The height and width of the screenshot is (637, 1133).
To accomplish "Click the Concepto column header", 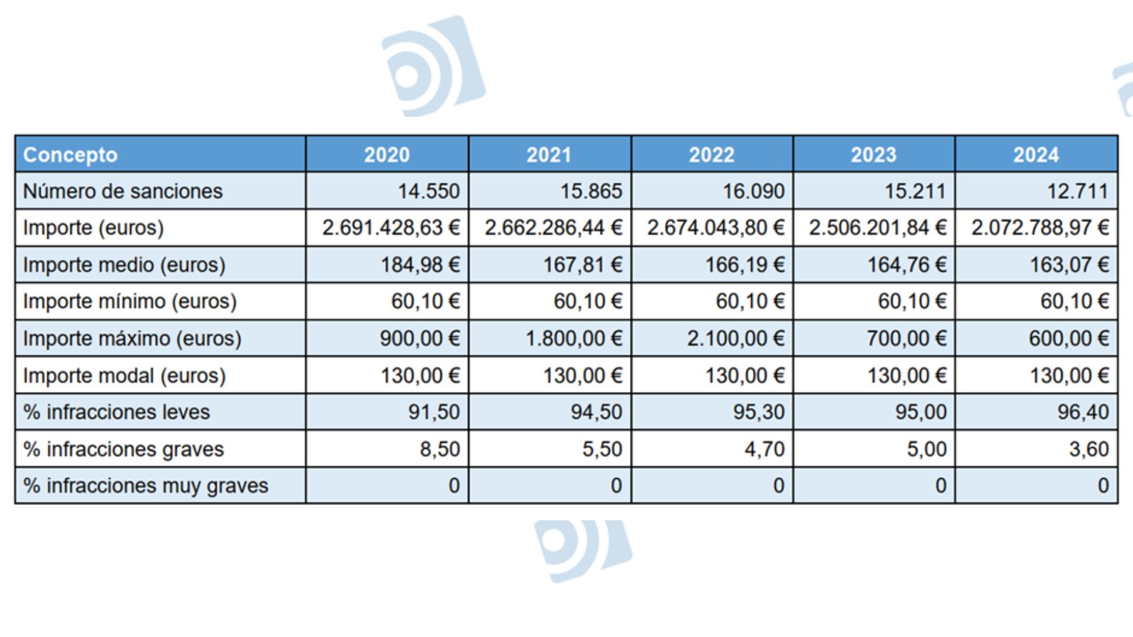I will (70, 155).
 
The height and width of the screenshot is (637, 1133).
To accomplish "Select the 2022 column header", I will (712, 155).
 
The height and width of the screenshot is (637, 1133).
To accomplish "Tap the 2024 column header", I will (1036, 155).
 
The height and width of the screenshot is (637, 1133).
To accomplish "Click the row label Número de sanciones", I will (123, 191).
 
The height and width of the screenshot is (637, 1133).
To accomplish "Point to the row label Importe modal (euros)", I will (125, 376).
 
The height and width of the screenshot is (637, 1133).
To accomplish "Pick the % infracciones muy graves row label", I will (146, 485).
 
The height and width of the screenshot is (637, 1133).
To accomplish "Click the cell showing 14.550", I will (428, 191).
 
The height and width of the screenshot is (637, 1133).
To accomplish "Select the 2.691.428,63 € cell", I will (391, 228).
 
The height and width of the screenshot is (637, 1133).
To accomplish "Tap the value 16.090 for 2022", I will (754, 191).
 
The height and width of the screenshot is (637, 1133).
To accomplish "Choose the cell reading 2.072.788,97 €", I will (1040, 228).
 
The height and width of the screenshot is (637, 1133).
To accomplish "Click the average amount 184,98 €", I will (420, 265).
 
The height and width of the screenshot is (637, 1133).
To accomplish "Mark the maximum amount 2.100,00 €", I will (735, 339).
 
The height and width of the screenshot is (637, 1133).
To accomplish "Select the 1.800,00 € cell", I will (574, 339).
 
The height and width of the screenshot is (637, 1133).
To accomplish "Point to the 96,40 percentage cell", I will (1083, 412).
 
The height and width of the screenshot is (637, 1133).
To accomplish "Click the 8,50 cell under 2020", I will (440, 449).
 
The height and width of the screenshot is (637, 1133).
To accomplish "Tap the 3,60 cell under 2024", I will (1089, 449).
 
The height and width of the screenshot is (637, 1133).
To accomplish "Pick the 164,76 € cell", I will (906, 265).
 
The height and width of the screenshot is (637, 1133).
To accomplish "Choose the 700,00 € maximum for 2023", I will (906, 339).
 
